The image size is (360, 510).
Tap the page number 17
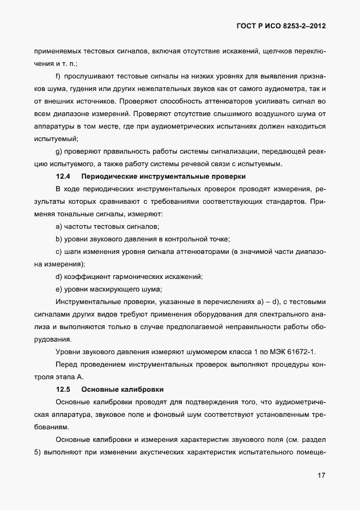coord(321,476)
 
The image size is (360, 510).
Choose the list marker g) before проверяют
coord(58,151)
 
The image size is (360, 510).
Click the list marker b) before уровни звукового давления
coord(58,239)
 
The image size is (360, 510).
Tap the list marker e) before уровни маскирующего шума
coord(58,289)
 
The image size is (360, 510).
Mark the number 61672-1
coord(301,352)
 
